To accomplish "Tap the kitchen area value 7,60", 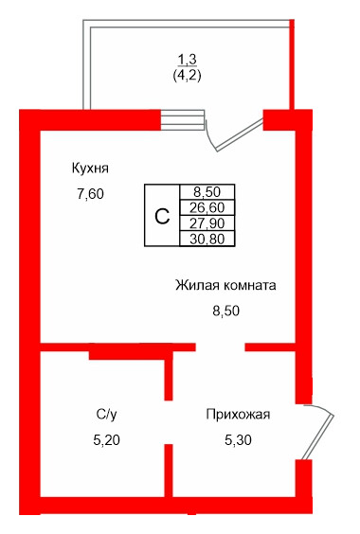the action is coord(90,195).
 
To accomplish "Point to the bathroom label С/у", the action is coord(106,414).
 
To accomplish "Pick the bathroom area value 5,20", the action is coord(106,438).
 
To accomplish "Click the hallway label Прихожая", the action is coord(239,414).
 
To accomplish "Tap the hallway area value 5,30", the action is coord(239,438).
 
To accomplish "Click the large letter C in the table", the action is coord(162,215).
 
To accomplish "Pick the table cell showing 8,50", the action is coord(207,191).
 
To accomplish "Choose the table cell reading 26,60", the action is coord(207,206).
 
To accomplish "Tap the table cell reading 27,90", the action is coord(207,222).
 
